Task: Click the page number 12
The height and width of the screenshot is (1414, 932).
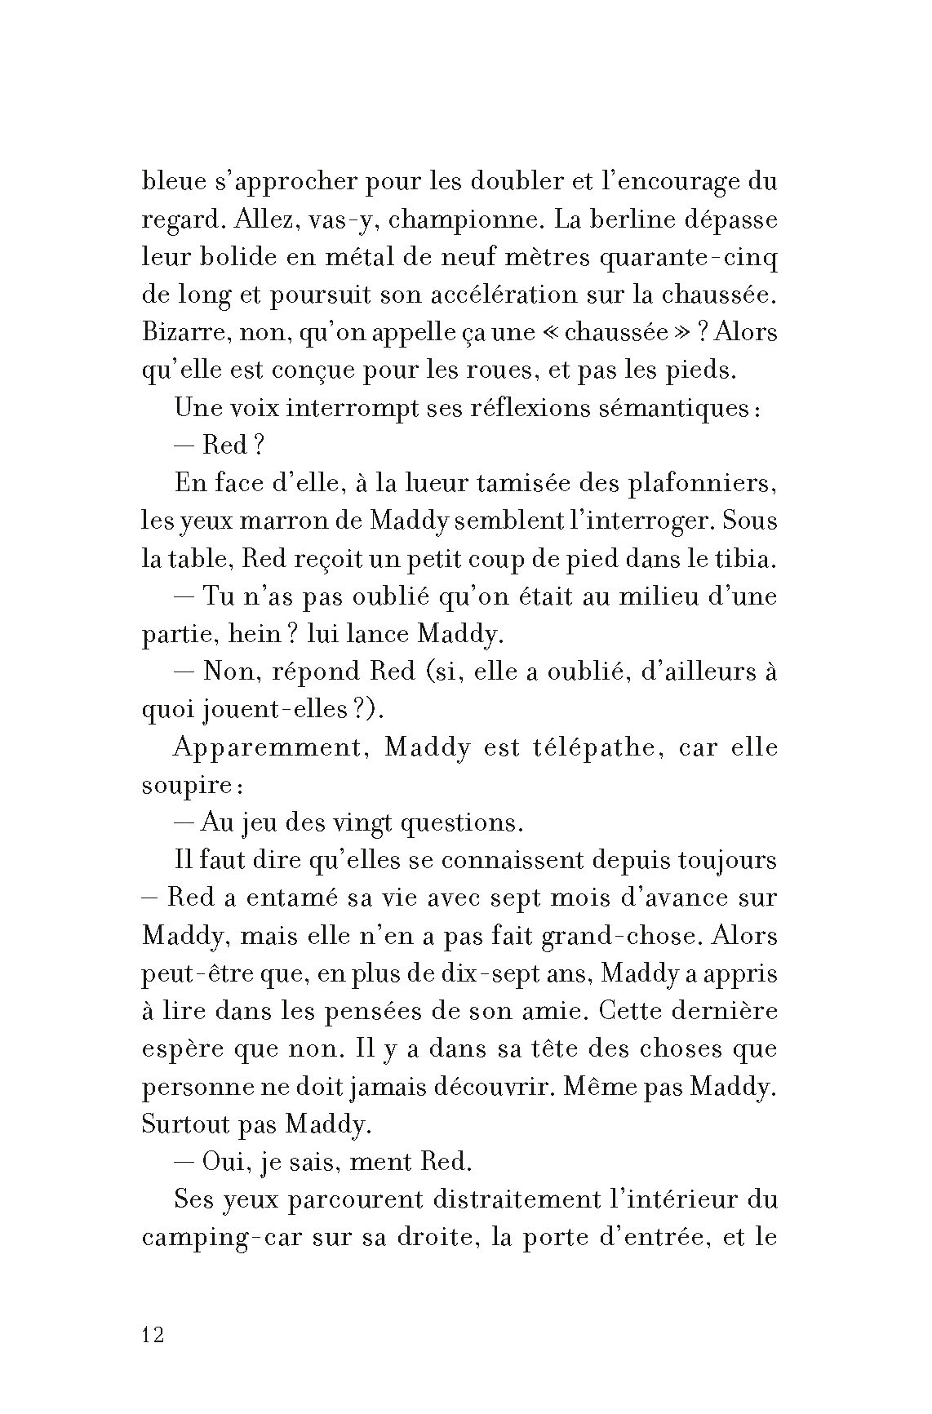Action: [153, 1336]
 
